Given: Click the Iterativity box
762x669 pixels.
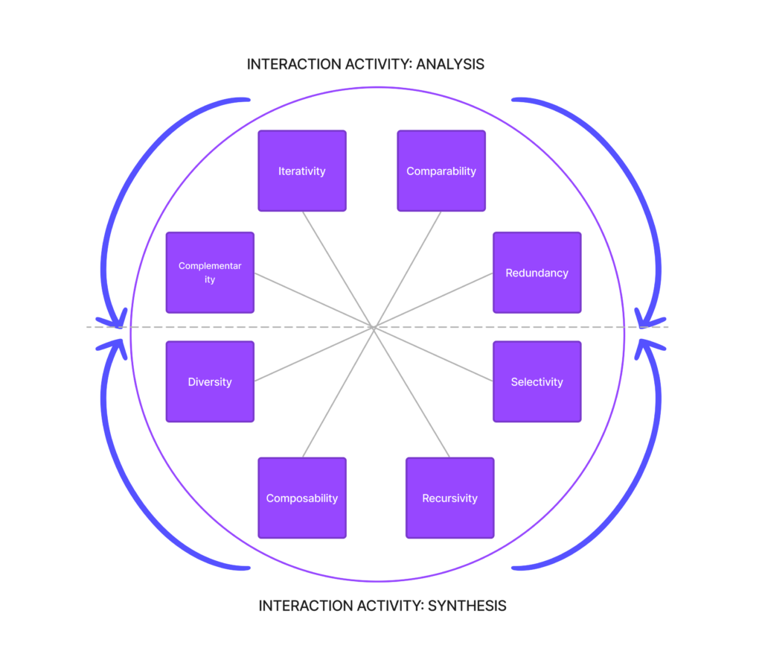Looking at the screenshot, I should click(x=302, y=171).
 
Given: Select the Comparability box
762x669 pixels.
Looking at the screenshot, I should click(x=441, y=171).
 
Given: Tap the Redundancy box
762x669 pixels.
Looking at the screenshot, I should click(x=537, y=273).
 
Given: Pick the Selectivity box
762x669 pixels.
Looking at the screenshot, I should click(x=537, y=382).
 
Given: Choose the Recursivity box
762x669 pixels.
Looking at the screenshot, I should click(x=449, y=498).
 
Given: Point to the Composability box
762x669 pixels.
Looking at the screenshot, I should click(x=302, y=498).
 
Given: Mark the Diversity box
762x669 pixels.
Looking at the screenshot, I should click(x=210, y=382).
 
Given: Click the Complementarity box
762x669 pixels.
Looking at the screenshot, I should click(x=210, y=273).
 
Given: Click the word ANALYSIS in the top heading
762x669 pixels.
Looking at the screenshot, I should click(x=450, y=65).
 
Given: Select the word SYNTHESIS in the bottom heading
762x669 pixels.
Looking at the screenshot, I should click(x=467, y=606).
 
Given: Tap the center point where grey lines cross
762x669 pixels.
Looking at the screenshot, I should click(x=376, y=327).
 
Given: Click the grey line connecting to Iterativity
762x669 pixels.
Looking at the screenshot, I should click(x=339, y=269).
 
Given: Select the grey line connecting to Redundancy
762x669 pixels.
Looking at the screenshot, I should click(x=434, y=300).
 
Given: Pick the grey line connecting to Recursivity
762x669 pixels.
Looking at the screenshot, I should click(x=413, y=392).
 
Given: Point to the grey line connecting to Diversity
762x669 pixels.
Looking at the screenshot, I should click(x=315, y=355).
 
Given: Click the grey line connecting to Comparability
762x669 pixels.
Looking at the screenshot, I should click(x=409, y=269).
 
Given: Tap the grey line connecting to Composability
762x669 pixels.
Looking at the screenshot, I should click(x=339, y=392).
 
